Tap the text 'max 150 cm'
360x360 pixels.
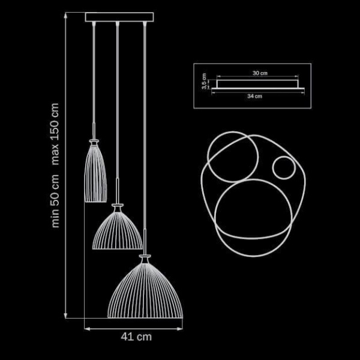click(x=56, y=134)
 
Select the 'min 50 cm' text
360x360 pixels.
click(x=56, y=201)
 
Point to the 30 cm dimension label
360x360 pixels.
click(x=259, y=73)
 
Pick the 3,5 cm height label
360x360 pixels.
click(x=205, y=80)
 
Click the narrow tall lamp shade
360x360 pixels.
click(x=96, y=174)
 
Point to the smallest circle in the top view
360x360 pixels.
click(x=281, y=167)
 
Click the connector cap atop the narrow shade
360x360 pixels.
click(x=94, y=140)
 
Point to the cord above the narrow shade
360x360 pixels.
click(x=94, y=78)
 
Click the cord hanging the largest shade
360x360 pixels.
click(x=145, y=138)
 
